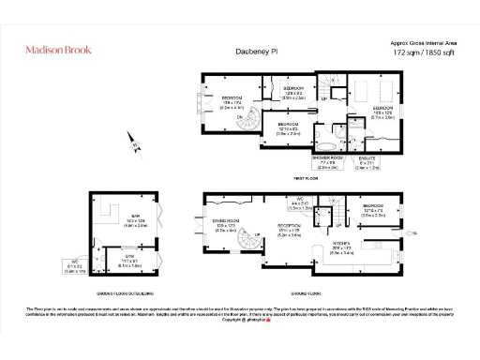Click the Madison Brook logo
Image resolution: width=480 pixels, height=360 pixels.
tap(60, 52)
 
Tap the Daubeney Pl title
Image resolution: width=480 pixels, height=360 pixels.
tap(248, 53)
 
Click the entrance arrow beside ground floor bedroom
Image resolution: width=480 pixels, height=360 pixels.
tap(413, 228)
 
